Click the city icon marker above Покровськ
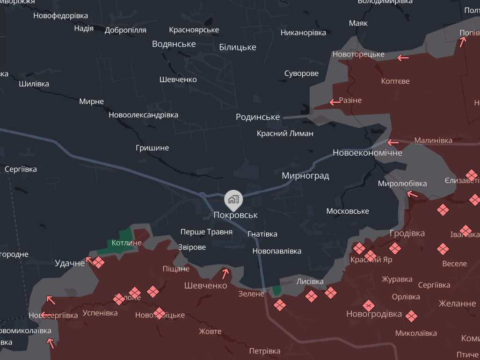point(233,200)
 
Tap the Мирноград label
point(305,176)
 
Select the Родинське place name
point(258,117)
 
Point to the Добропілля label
point(125,30)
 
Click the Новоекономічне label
point(367,152)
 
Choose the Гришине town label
point(152,148)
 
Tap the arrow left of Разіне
point(335,102)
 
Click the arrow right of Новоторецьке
point(403,58)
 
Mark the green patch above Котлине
point(125,234)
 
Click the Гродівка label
point(407,233)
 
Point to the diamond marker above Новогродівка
point(369,306)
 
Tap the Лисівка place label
point(310,281)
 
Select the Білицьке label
point(238,47)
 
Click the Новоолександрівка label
point(143,115)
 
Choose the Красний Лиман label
point(285,133)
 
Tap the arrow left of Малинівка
point(392,142)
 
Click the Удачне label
point(70,263)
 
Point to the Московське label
point(348,211)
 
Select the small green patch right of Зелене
point(277,290)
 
